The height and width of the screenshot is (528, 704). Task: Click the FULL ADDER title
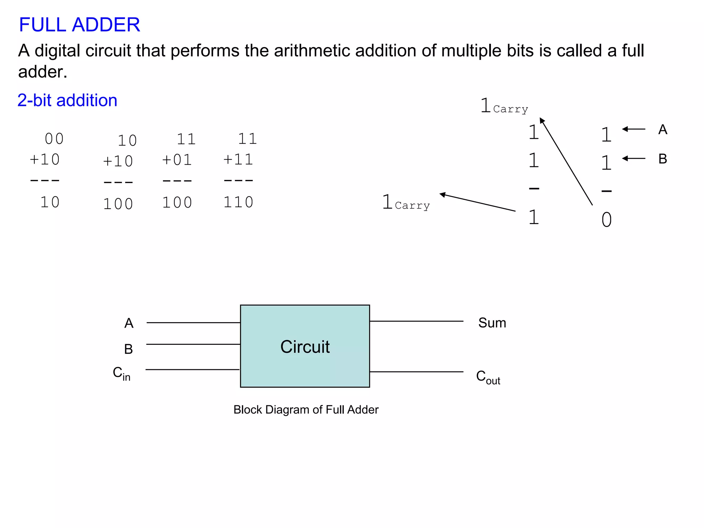79,25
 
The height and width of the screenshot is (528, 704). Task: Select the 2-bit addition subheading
67,100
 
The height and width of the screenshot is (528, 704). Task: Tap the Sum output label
492,323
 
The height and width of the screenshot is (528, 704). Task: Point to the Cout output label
488,377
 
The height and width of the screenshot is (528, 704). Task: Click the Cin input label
122,373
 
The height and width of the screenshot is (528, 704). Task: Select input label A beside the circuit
129,323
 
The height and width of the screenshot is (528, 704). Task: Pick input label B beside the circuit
129,349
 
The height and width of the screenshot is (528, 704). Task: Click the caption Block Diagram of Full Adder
306,409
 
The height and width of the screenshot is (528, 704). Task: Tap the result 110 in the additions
238,202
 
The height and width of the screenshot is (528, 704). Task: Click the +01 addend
177,160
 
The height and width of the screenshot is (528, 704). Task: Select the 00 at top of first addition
54,139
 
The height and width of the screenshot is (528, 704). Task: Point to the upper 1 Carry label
504,106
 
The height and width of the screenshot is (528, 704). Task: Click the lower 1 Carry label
406,202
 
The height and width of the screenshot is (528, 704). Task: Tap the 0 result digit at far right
606,220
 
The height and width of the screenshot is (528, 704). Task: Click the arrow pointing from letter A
634,129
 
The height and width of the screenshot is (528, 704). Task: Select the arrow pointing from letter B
634,158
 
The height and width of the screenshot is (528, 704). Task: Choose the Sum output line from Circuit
416,321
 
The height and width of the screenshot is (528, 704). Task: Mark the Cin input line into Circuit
192,370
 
